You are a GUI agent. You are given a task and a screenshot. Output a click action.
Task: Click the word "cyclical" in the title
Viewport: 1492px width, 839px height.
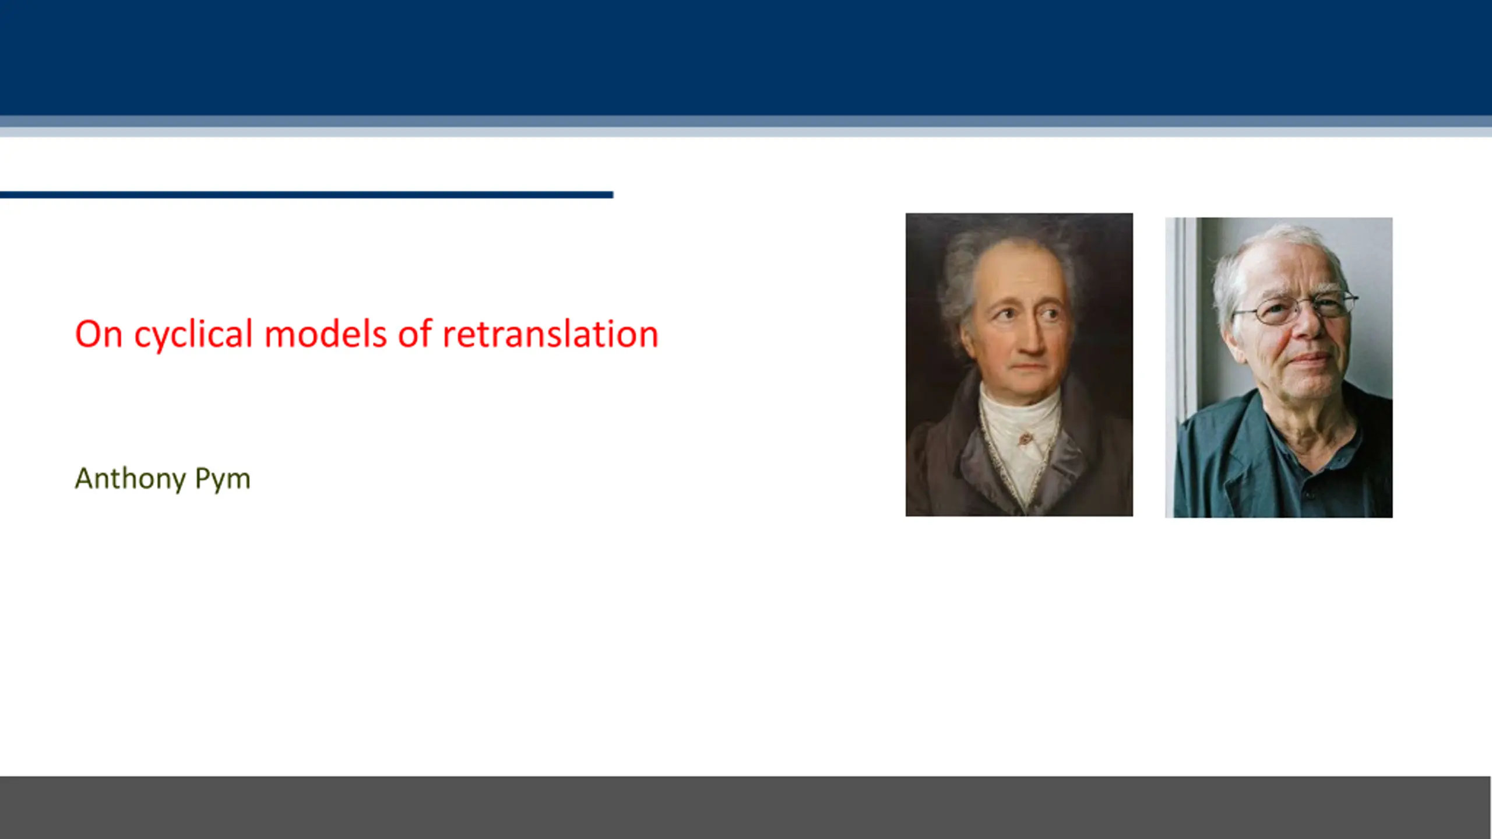click(193, 335)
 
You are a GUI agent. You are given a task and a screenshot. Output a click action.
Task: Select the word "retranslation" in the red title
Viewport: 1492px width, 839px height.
click(550, 335)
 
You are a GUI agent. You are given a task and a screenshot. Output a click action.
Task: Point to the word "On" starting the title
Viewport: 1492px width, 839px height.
click(98, 334)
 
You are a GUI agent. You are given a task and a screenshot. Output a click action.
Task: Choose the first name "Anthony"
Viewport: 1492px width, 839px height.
click(130, 479)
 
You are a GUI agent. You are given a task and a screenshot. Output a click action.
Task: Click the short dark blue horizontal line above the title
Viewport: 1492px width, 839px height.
click(307, 195)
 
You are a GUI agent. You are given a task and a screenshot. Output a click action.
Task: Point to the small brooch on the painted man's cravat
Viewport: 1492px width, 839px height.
click(1024, 437)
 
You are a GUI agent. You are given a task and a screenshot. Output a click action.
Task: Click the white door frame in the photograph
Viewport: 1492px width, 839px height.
click(1183, 367)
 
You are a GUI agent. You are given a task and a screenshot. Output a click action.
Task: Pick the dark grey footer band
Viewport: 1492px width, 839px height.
click(745, 808)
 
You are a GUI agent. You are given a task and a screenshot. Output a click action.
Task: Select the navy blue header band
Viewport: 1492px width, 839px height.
click(746, 58)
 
